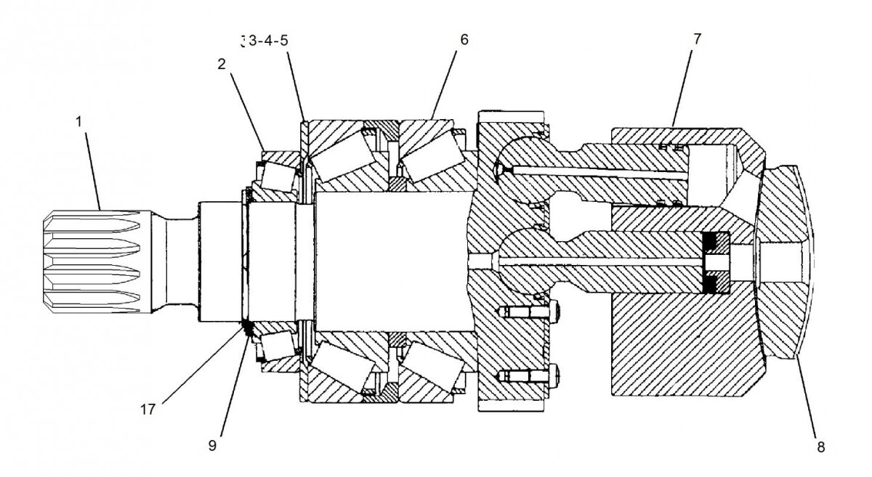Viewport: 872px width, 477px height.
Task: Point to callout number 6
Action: [464, 39]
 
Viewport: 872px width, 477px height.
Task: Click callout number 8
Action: [820, 447]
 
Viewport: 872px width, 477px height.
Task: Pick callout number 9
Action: [212, 444]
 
